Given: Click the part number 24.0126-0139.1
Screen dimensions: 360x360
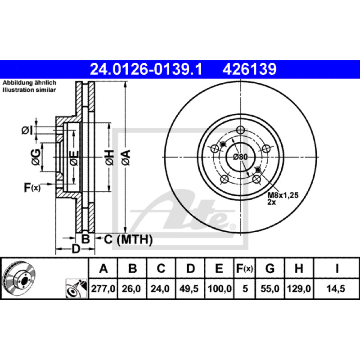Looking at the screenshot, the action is pyautogui.click(x=146, y=69).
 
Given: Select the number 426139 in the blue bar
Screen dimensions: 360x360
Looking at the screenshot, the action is pyautogui.click(x=249, y=69).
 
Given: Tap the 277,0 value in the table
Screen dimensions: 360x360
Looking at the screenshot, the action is pyautogui.click(x=103, y=288).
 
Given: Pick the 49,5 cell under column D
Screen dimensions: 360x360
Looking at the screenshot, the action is pyautogui.click(x=189, y=288).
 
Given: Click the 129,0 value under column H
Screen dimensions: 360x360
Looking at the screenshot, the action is pyautogui.click(x=299, y=288).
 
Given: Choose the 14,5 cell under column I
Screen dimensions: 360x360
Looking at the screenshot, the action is pyautogui.click(x=336, y=288).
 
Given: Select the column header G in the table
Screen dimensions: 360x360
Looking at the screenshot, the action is pyautogui.click(x=270, y=268).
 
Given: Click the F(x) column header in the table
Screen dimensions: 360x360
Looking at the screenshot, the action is pyautogui.click(x=244, y=268).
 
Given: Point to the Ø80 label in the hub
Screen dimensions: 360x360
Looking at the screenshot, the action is pyautogui.click(x=240, y=157).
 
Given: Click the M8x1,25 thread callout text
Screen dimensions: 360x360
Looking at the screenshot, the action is pyautogui.click(x=283, y=195).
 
